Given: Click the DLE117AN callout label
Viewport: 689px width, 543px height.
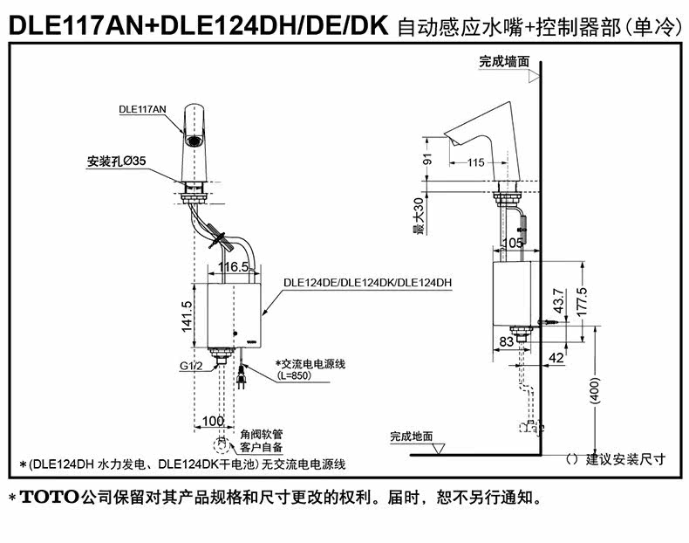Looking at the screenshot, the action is point(142,109).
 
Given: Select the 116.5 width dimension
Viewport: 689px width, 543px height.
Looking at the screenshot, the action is point(234,265).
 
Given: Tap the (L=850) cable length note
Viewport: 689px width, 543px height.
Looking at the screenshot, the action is point(292,376).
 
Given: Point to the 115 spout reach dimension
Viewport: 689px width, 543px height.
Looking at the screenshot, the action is point(475,162).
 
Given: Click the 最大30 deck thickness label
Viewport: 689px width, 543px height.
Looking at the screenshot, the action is point(418,216).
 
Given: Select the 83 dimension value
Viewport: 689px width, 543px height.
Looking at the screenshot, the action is point(507,341).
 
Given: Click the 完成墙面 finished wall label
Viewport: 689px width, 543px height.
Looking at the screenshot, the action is point(503,62).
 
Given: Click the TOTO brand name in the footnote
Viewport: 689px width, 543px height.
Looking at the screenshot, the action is point(48,499).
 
